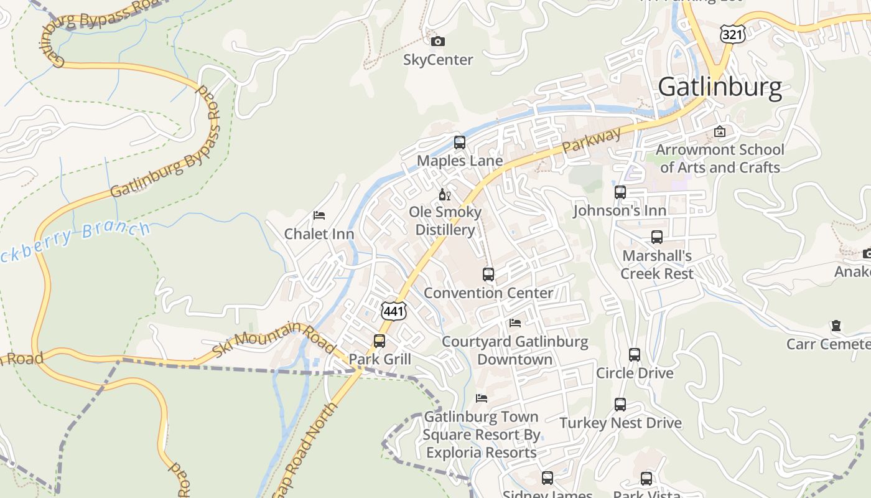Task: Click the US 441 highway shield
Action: click(x=394, y=311)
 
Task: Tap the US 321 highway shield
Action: click(x=733, y=34)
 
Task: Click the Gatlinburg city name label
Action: click(x=720, y=87)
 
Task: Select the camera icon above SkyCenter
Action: click(x=438, y=42)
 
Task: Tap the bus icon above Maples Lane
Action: click(x=460, y=143)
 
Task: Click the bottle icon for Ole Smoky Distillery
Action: click(x=444, y=195)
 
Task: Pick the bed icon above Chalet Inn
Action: click(x=319, y=215)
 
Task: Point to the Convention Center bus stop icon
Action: click(x=488, y=275)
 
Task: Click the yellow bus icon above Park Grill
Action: click(x=380, y=341)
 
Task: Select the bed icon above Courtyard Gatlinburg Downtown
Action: click(x=515, y=323)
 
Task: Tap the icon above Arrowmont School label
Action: click(x=720, y=131)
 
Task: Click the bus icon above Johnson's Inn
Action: click(x=620, y=192)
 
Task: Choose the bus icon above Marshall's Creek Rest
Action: click(x=657, y=237)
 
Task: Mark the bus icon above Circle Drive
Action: click(x=635, y=355)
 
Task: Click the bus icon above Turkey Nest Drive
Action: click(x=620, y=405)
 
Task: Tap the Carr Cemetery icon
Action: click(x=836, y=326)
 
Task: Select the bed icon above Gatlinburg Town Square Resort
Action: click(x=482, y=398)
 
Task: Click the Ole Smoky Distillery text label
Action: click(x=445, y=221)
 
